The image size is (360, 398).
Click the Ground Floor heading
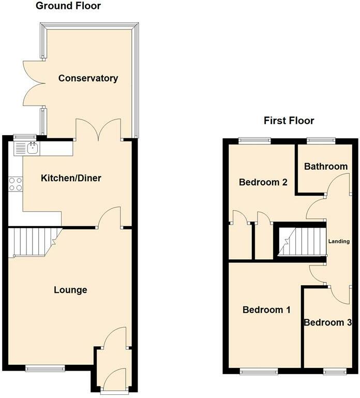pyautogui.click(x=68, y=6)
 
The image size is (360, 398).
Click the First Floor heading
pyautogui.click(x=289, y=121)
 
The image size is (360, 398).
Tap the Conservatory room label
pyautogui.click(x=88, y=79)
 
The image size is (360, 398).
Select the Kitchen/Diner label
pyautogui.click(x=71, y=179)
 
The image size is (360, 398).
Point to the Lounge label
pyautogui.click(x=70, y=290)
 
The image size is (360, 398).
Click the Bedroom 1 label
pyautogui.click(x=266, y=310)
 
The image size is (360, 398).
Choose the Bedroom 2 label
pyautogui.click(x=263, y=182)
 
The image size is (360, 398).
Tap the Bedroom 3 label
pyautogui.click(x=328, y=323)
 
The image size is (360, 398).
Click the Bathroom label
pyautogui.click(x=325, y=166)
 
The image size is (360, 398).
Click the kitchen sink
pyautogui.click(x=25, y=149)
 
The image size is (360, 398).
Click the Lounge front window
pyautogui.click(x=46, y=368)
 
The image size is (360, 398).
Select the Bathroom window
pyautogui.click(x=320, y=140)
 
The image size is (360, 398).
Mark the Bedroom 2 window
pyautogui.click(x=254, y=140)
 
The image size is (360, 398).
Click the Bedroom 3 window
pyautogui.click(x=335, y=371)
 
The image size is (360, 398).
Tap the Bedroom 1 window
pyautogui.click(x=259, y=371)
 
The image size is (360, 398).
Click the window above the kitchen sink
pyautogui.click(x=23, y=137)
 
